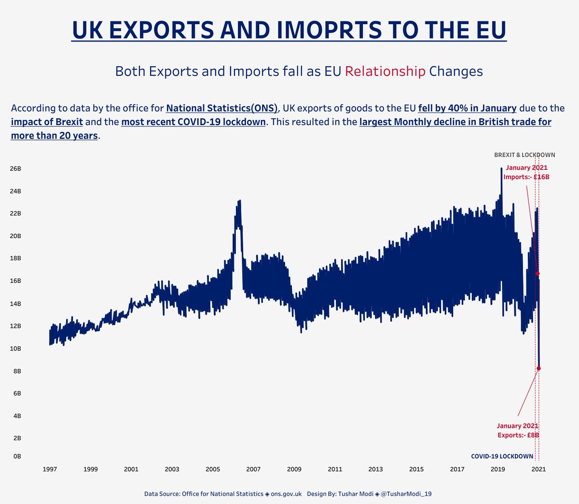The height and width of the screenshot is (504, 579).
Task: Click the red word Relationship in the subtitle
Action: (x=385, y=71)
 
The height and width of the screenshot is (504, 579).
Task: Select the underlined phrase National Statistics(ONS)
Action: (x=222, y=108)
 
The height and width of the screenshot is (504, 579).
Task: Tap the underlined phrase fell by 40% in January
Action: (x=467, y=108)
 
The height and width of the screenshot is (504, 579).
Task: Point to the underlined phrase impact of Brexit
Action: (x=47, y=122)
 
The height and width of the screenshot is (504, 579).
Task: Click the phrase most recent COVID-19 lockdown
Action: (x=193, y=122)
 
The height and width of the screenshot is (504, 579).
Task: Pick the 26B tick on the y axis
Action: (x=15, y=168)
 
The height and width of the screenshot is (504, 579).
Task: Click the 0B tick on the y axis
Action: (x=17, y=456)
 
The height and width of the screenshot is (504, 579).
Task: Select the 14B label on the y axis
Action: (x=15, y=304)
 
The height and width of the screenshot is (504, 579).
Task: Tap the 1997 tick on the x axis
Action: (x=50, y=469)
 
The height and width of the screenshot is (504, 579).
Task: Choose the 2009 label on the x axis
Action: (x=294, y=469)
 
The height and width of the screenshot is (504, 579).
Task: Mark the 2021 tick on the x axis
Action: (x=538, y=469)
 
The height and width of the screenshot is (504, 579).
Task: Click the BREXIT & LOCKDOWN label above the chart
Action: (x=524, y=155)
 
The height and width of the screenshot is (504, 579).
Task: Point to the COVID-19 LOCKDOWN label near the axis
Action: (x=502, y=456)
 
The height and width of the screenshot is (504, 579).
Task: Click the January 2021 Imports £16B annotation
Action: (x=526, y=172)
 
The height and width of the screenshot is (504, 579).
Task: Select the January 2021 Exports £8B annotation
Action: (x=518, y=431)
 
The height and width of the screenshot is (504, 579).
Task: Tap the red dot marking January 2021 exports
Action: (x=538, y=368)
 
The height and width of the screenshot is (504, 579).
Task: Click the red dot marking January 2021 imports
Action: (x=537, y=274)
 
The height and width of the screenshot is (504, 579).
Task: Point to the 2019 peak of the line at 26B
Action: (x=501, y=169)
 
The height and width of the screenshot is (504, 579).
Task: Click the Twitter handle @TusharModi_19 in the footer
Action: (x=410, y=494)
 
